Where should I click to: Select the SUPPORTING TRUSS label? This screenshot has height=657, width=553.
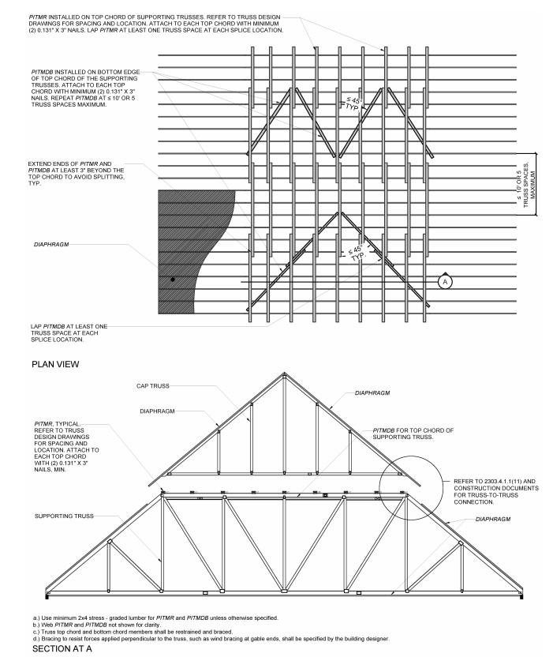(64, 516)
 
